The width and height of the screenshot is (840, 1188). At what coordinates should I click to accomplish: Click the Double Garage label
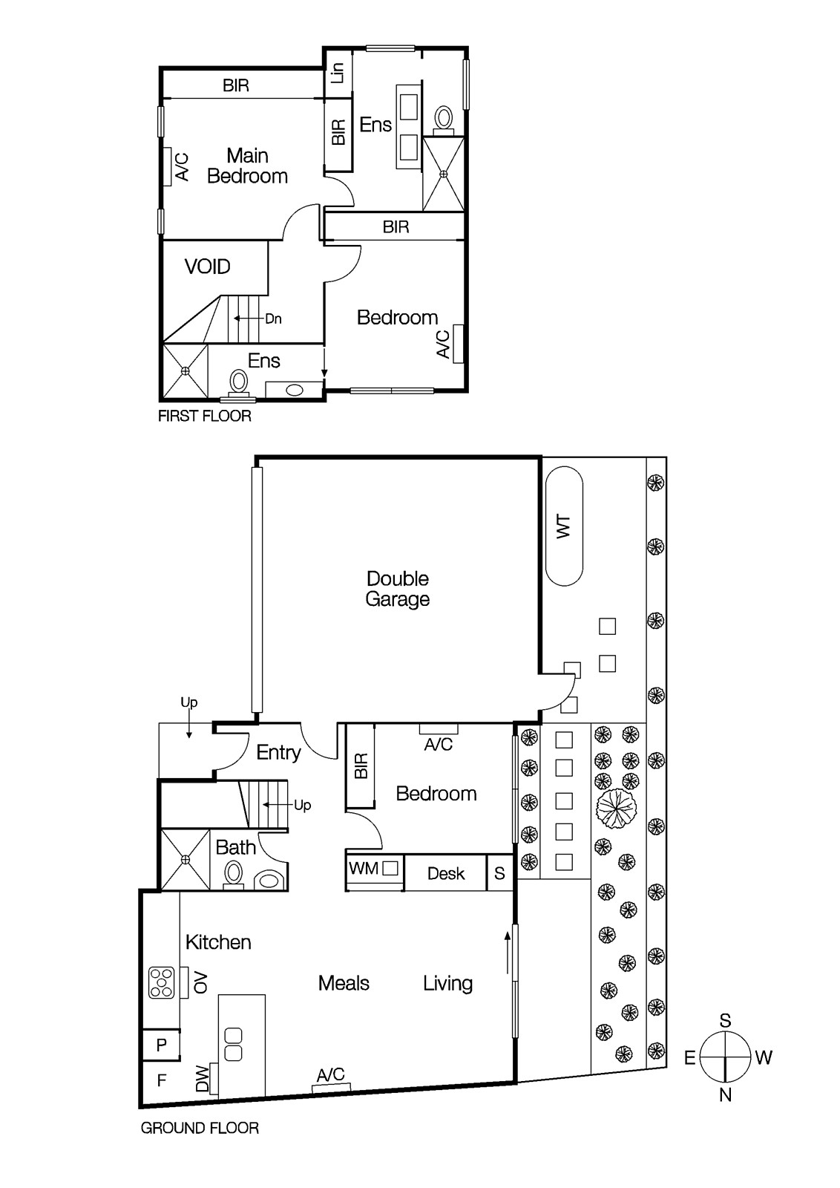(397, 588)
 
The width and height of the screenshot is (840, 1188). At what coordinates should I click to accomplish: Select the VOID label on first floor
(207, 267)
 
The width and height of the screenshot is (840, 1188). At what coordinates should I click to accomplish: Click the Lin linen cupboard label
(338, 73)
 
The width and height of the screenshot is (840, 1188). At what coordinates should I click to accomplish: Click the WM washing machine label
(364, 869)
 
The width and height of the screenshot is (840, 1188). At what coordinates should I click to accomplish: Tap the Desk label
(446, 873)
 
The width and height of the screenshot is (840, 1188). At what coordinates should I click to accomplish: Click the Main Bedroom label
(248, 166)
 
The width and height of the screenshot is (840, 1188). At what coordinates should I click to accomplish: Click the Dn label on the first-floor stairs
(274, 319)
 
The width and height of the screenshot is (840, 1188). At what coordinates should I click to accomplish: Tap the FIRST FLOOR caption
(205, 416)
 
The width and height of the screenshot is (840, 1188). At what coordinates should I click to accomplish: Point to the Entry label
(278, 753)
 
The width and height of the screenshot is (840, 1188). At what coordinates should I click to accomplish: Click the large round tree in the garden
(617, 809)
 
